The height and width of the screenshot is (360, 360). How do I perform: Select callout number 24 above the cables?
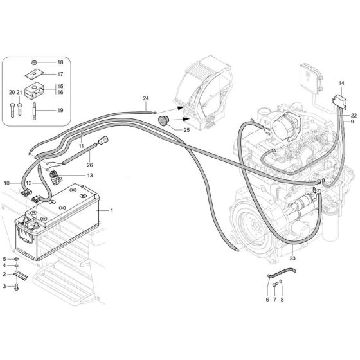tap(146, 98)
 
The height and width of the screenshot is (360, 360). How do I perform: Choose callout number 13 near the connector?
tap(89, 175)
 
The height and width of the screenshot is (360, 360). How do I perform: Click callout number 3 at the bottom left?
tap(4, 285)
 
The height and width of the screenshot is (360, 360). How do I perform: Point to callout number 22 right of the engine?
tap(354, 115)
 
